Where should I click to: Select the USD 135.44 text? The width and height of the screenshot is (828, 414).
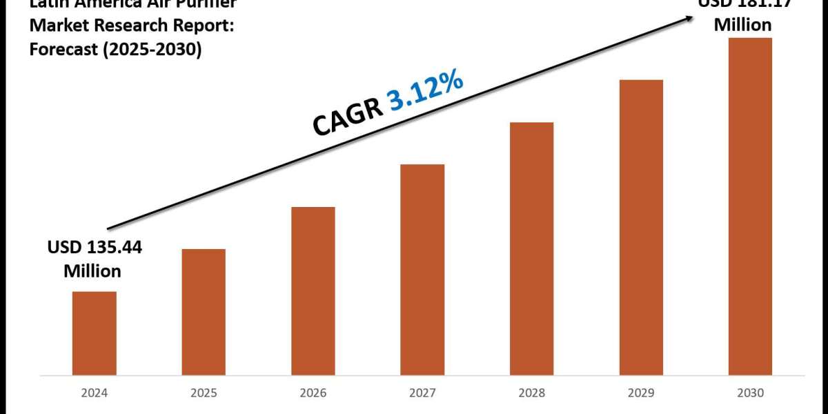coord(94,248)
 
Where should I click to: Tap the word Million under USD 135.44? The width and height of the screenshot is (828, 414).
coord(92,271)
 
